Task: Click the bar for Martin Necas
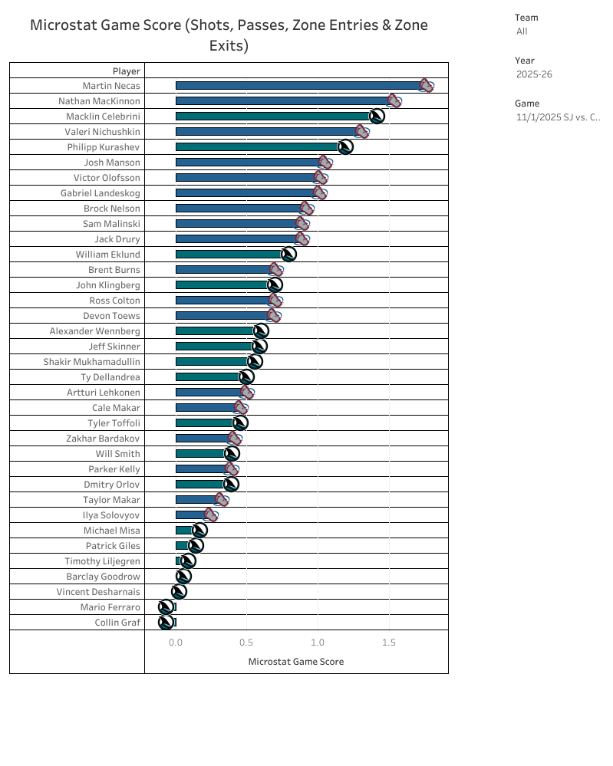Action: point(299,86)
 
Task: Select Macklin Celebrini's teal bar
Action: point(272,117)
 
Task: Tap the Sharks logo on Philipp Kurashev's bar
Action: point(345,146)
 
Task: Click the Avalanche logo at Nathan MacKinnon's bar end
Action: point(394,101)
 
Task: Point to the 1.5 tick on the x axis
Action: point(389,643)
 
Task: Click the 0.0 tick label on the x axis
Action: point(176,643)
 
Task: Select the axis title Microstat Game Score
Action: point(296,662)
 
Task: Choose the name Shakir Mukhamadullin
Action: point(91,362)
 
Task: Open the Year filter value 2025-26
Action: point(534,74)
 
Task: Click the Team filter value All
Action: point(522,31)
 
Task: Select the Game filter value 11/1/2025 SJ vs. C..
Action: point(558,117)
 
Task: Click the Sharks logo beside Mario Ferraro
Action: point(166,607)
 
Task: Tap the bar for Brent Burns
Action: point(222,270)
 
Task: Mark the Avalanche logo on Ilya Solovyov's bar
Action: point(211,515)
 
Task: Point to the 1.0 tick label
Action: point(318,643)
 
